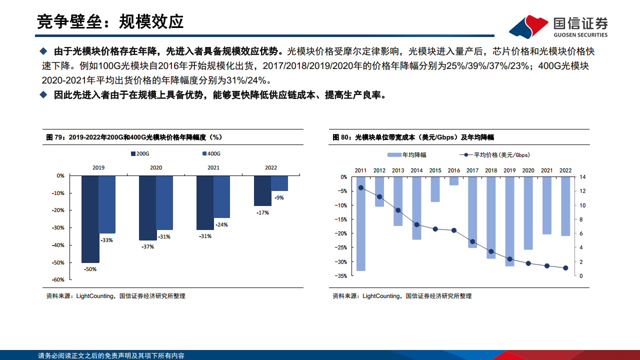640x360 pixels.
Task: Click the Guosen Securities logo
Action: pyautogui.click(x=558, y=26)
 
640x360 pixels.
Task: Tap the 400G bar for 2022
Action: pyautogui.click(x=279, y=183)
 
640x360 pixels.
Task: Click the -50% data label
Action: pyautogui.click(x=90, y=269)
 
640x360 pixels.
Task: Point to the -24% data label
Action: pyautogui.click(x=221, y=224)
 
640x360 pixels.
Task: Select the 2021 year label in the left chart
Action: pyautogui.click(x=213, y=168)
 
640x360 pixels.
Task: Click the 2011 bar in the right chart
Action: pyautogui.click(x=360, y=223)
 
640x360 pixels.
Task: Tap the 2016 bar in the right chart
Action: pyautogui.click(x=453, y=181)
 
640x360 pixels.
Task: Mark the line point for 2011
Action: pyautogui.click(x=360, y=188)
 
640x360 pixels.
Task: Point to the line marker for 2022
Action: pyautogui.click(x=565, y=268)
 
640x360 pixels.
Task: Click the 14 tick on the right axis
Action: pyautogui.click(x=582, y=177)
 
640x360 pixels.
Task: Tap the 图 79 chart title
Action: pyautogui.click(x=134, y=136)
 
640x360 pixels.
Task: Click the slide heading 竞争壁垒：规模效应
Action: pyautogui.click(x=110, y=21)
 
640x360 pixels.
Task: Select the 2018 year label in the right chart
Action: pyautogui.click(x=491, y=170)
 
